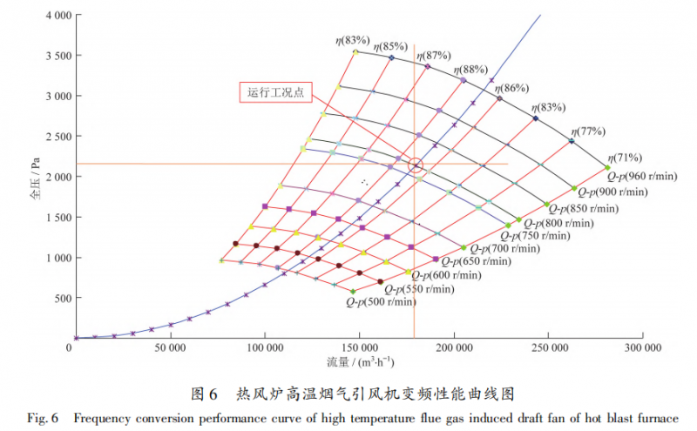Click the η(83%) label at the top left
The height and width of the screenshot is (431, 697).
pyautogui.click(x=352, y=40)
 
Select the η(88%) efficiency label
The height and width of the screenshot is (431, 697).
pyautogui.click(x=470, y=70)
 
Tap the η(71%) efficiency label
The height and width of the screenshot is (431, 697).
pyautogui.click(x=625, y=158)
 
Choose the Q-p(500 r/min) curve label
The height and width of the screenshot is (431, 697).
pyautogui.click(x=381, y=302)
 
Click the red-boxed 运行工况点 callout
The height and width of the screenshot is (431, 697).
pyautogui.click(x=275, y=92)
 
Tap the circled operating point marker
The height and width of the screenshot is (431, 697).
pyautogui.click(x=416, y=165)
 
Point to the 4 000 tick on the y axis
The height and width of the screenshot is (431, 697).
pyautogui.click(x=54, y=16)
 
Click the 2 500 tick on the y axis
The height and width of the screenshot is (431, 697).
pyautogui.click(x=54, y=137)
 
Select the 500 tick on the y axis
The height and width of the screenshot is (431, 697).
pyautogui.click(x=60, y=299)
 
